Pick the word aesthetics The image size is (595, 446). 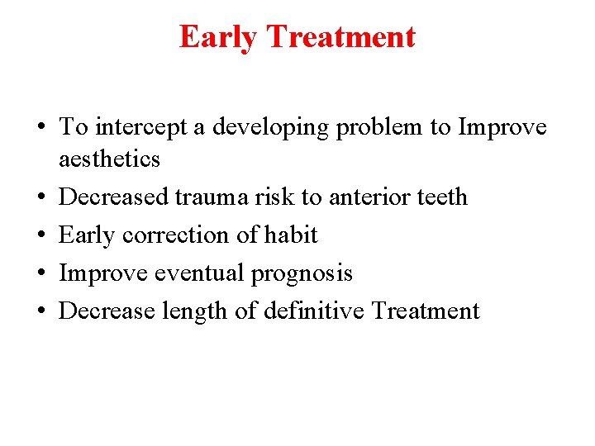(x=109, y=159)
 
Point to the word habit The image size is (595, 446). (x=290, y=235)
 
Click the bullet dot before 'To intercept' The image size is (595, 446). (x=40, y=129)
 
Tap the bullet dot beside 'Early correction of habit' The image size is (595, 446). (x=40, y=235)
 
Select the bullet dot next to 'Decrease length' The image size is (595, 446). (x=40, y=311)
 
